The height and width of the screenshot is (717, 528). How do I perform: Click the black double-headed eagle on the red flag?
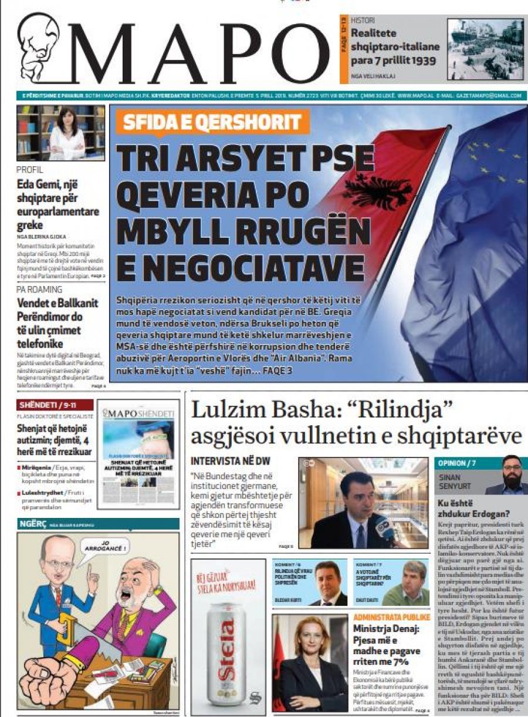(376, 191)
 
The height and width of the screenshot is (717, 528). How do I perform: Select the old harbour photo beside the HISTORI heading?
(486, 49)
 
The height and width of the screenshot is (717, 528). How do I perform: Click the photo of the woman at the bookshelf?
(61, 133)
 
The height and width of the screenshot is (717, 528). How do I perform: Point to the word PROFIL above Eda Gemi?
(30, 170)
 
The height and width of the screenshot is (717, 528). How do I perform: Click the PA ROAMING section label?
(39, 290)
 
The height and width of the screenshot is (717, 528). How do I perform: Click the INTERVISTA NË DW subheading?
(231, 462)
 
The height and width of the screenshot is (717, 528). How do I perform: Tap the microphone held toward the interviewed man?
(385, 526)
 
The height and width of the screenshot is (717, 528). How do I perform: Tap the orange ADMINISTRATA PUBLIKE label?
(391, 618)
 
